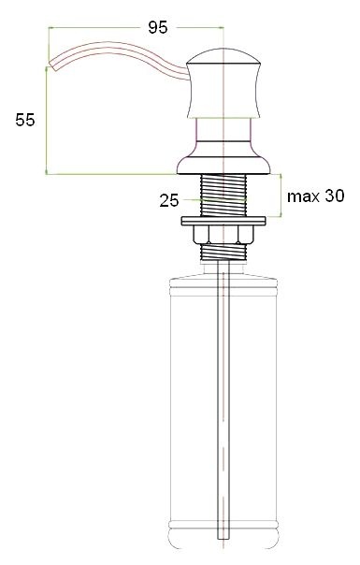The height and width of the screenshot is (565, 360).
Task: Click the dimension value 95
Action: click(158, 27)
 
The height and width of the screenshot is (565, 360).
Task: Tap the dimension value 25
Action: click(169, 199)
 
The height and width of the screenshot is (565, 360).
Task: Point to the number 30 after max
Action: click(335, 196)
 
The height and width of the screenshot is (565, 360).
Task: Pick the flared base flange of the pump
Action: click(223, 167)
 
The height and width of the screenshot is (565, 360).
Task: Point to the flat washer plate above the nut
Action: click(223, 220)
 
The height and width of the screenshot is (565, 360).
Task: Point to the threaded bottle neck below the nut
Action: click(223, 250)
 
